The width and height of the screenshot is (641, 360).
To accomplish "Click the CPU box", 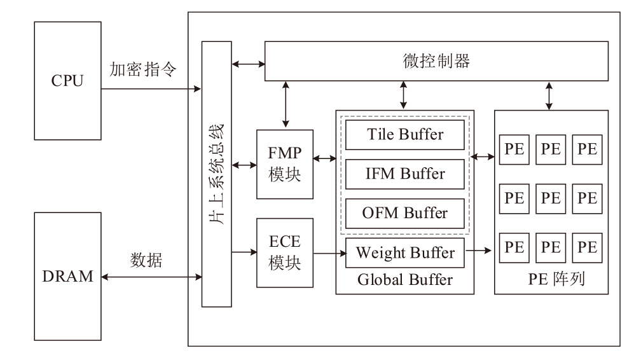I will click(x=67, y=81).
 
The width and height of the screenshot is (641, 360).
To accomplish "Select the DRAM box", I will click(x=67, y=277).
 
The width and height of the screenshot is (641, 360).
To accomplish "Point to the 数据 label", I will click(x=146, y=260).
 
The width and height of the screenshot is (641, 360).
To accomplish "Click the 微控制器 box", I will click(x=436, y=62).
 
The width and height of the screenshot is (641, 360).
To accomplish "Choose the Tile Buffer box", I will click(x=405, y=135).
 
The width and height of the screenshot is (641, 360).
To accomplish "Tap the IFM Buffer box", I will click(x=405, y=173).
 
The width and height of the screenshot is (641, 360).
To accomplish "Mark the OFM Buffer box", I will click(x=405, y=212).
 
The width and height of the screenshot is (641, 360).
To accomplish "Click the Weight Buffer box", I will click(x=405, y=253).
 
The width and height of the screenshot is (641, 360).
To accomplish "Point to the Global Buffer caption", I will click(x=405, y=279).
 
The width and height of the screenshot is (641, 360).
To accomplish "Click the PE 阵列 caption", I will click(x=551, y=279).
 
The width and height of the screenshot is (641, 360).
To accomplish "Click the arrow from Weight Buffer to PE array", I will click(x=480, y=252).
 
